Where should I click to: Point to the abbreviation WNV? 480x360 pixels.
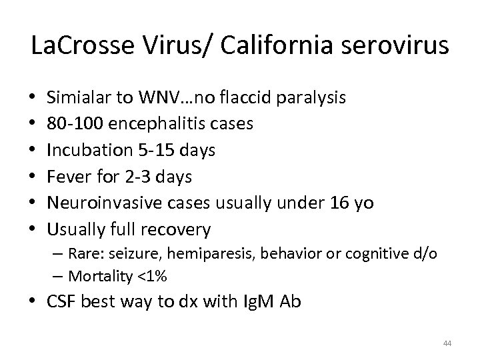click(155, 98)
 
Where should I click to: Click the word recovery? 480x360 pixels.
click(177, 230)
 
